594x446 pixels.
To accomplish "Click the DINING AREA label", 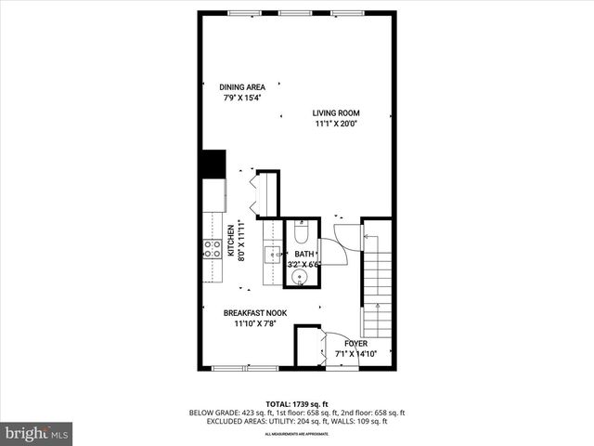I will (242, 87).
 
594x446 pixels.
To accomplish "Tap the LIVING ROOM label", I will (336, 113).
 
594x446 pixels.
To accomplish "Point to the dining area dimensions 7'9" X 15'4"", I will (242, 98).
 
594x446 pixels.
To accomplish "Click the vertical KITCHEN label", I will (230, 240).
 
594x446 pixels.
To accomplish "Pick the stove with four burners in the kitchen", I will (213, 248).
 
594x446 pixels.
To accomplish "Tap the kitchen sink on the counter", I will (274, 252).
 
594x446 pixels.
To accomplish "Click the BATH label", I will (304, 254).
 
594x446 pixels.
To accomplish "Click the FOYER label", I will (344, 343).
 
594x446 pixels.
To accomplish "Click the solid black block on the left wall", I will (213, 164).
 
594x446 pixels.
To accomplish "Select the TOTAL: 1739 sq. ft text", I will (296, 404).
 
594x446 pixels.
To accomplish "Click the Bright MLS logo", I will (37, 433).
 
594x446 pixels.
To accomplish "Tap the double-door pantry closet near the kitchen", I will (267, 192).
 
